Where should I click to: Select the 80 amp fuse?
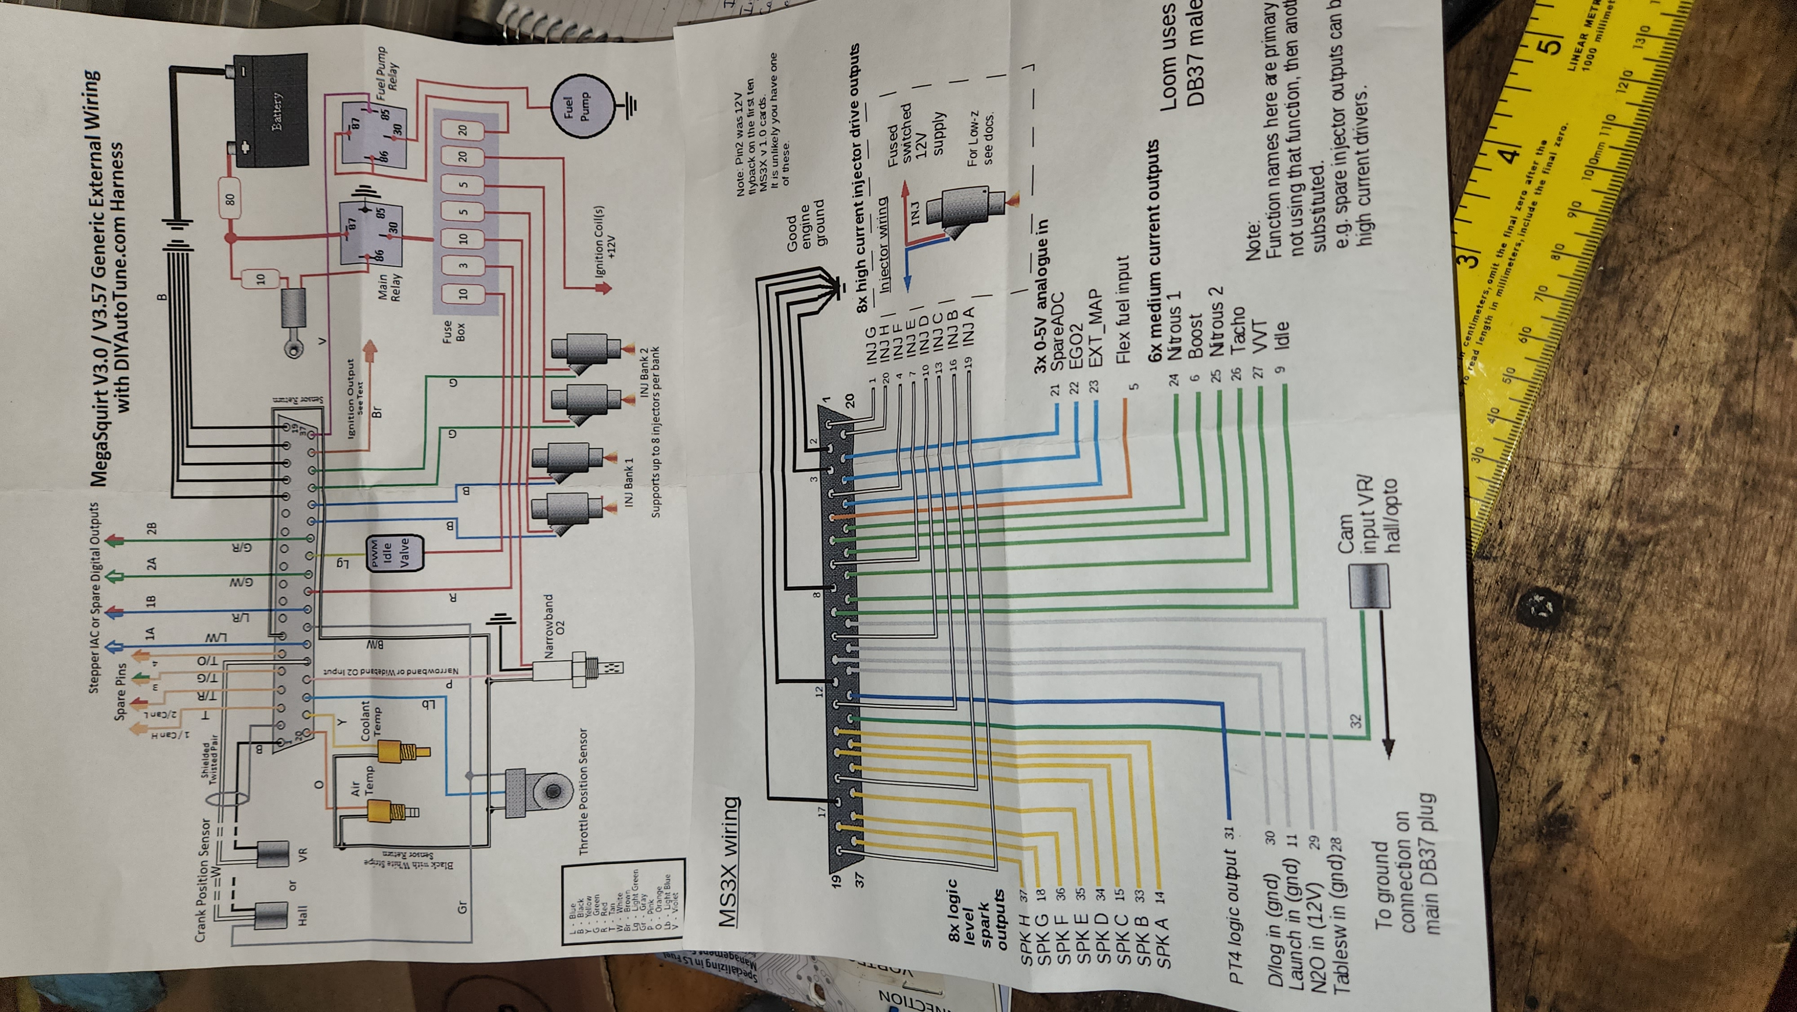230,191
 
